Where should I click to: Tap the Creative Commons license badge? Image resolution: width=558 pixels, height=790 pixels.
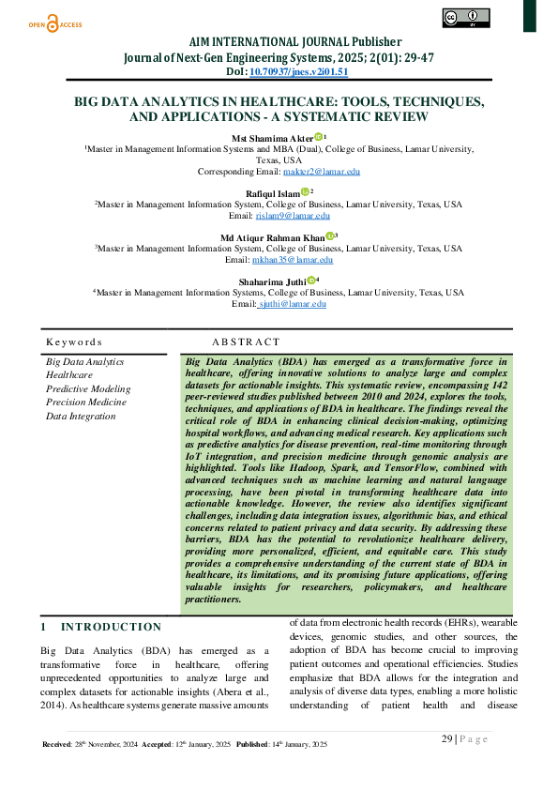click(x=465, y=17)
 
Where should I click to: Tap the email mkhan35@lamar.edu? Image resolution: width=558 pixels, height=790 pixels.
click(x=293, y=259)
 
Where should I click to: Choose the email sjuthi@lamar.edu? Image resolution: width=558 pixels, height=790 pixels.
click(x=292, y=303)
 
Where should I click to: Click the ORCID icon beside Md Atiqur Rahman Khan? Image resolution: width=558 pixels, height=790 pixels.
click(x=330, y=235)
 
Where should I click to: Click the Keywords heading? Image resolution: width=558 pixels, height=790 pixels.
click(x=74, y=342)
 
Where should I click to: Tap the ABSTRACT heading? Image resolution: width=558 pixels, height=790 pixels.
click(x=246, y=342)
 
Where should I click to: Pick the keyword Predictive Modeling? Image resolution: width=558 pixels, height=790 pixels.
click(x=88, y=388)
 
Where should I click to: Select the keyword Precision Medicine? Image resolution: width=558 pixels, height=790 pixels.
click(x=86, y=403)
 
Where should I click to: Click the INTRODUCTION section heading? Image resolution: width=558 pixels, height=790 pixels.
click(x=111, y=627)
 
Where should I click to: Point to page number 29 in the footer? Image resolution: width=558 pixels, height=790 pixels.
click(x=447, y=738)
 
